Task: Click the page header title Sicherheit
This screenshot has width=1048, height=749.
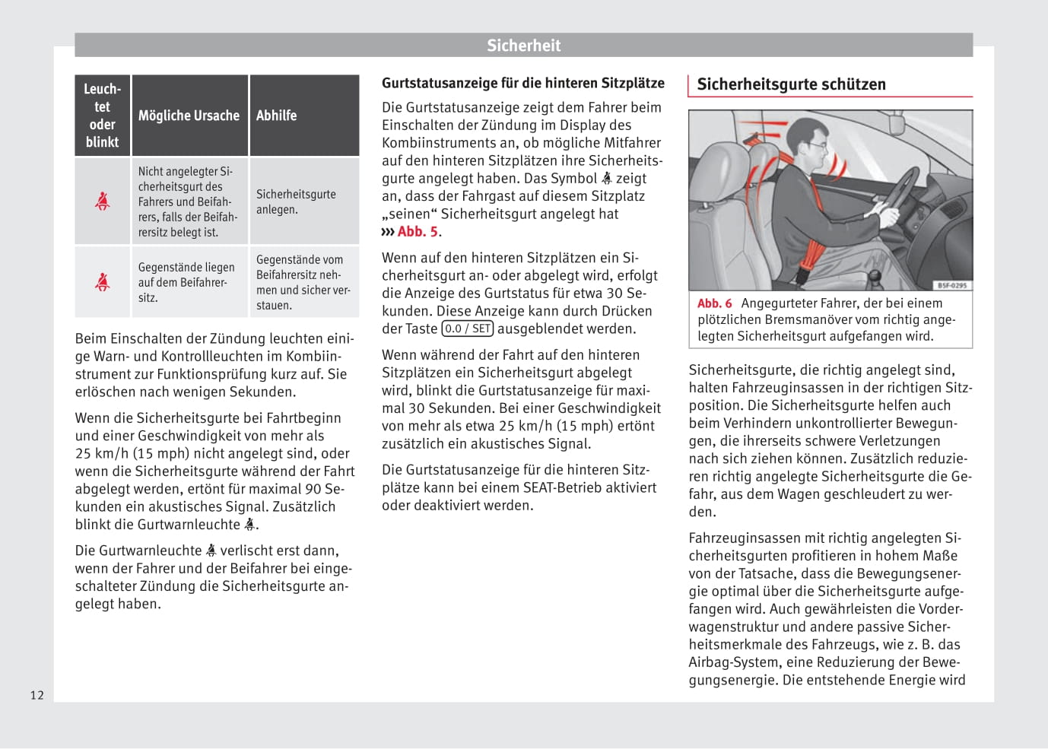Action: [523, 46]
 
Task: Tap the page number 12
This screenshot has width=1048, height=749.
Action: [37, 695]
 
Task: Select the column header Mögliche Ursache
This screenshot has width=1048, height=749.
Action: [189, 116]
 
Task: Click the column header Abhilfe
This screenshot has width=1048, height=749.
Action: [276, 116]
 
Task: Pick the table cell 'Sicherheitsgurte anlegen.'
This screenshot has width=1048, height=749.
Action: [296, 202]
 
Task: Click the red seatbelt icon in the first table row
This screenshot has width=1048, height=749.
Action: [102, 201]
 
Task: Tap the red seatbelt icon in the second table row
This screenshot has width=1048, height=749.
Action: [102, 282]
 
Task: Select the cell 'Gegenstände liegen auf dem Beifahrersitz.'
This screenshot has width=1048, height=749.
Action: [186, 282]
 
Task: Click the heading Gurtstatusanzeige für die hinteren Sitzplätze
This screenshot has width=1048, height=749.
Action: [522, 83]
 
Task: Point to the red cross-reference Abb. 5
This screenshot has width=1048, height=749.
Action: [418, 232]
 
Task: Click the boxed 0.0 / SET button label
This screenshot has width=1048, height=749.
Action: [468, 328]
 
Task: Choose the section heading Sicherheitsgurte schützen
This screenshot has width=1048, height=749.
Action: [791, 84]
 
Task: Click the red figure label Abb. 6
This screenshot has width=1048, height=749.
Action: [714, 303]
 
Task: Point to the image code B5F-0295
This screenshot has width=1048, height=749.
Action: [951, 285]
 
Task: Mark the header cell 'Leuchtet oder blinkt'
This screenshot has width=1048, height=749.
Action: [102, 116]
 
